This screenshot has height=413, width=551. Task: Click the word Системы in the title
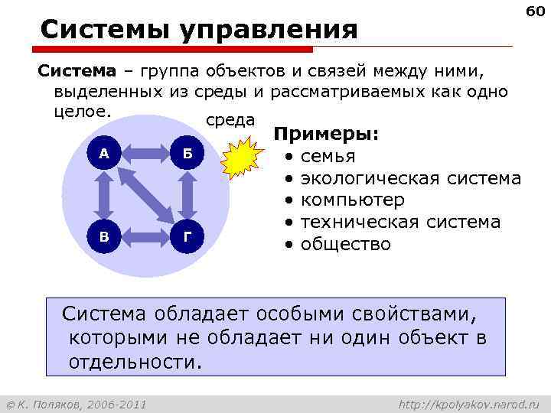(x=106, y=30)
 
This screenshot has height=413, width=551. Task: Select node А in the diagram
(x=104, y=154)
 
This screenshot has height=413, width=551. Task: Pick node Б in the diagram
(x=187, y=154)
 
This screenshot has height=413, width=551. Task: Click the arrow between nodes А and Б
(x=145, y=154)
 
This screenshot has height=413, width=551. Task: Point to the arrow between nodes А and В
(x=104, y=194)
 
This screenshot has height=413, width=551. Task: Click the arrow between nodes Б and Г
(x=187, y=194)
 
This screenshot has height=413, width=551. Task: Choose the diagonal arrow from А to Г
(x=145, y=194)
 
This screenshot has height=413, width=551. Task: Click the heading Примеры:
(x=326, y=135)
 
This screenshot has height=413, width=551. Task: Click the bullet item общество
(x=345, y=245)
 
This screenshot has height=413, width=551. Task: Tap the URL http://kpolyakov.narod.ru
(x=469, y=403)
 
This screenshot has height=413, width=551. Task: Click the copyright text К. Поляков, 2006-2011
(x=82, y=403)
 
